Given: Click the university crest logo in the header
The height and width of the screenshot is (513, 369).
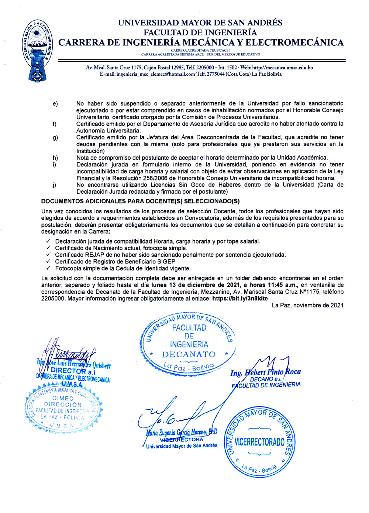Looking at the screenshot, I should point(37,51).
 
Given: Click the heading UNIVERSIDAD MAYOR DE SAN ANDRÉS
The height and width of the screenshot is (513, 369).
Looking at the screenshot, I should point(200,23).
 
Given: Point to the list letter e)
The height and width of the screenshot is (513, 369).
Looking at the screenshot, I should point(55,104).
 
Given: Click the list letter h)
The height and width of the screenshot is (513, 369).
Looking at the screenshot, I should point(55,158).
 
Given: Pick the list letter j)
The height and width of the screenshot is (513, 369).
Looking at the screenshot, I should point(55,185).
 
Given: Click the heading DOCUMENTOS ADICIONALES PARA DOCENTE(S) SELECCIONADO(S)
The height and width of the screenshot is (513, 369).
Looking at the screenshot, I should point(140,201).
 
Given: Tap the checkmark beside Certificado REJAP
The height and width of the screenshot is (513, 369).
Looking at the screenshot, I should point(48,255).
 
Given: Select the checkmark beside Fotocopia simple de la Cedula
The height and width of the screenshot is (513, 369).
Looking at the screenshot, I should point(48,268).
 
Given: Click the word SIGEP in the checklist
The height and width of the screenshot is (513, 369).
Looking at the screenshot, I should point(166,262).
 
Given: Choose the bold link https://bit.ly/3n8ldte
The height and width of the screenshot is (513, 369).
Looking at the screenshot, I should point(240,299).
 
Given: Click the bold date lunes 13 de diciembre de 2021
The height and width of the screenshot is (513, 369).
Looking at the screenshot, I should point(194,285).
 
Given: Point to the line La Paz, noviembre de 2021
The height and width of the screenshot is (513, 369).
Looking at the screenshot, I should point(307,305).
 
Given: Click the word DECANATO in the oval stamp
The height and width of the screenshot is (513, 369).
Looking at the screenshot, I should point(189,354).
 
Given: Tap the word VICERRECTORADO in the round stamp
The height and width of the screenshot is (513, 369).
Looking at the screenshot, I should point(259,442).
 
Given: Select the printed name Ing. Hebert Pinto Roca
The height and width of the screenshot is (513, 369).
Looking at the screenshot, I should point(266,372).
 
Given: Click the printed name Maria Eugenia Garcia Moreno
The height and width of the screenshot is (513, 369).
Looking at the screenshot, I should point(181,432).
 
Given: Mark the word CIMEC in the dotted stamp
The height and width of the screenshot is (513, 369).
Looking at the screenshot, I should point(63,398).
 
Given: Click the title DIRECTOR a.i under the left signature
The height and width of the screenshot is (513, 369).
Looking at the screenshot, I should point(73,371).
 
